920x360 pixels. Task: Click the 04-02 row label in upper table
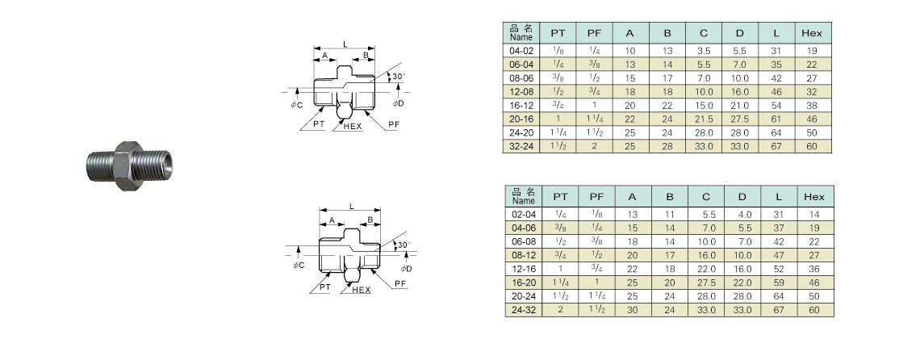521,50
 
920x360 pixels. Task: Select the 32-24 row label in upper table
521,146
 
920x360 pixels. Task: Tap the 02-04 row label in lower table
523,214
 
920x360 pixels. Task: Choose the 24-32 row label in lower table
523,310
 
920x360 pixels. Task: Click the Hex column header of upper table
812,33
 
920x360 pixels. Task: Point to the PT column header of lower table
560,196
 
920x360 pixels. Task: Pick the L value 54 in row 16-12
776,105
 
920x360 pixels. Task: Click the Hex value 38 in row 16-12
812,105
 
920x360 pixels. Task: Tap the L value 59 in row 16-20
777,283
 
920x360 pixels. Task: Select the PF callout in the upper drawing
393,125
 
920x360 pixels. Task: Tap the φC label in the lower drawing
298,266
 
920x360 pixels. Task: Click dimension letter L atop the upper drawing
345,43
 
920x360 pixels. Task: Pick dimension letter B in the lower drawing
370,220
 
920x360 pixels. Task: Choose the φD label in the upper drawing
398,103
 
